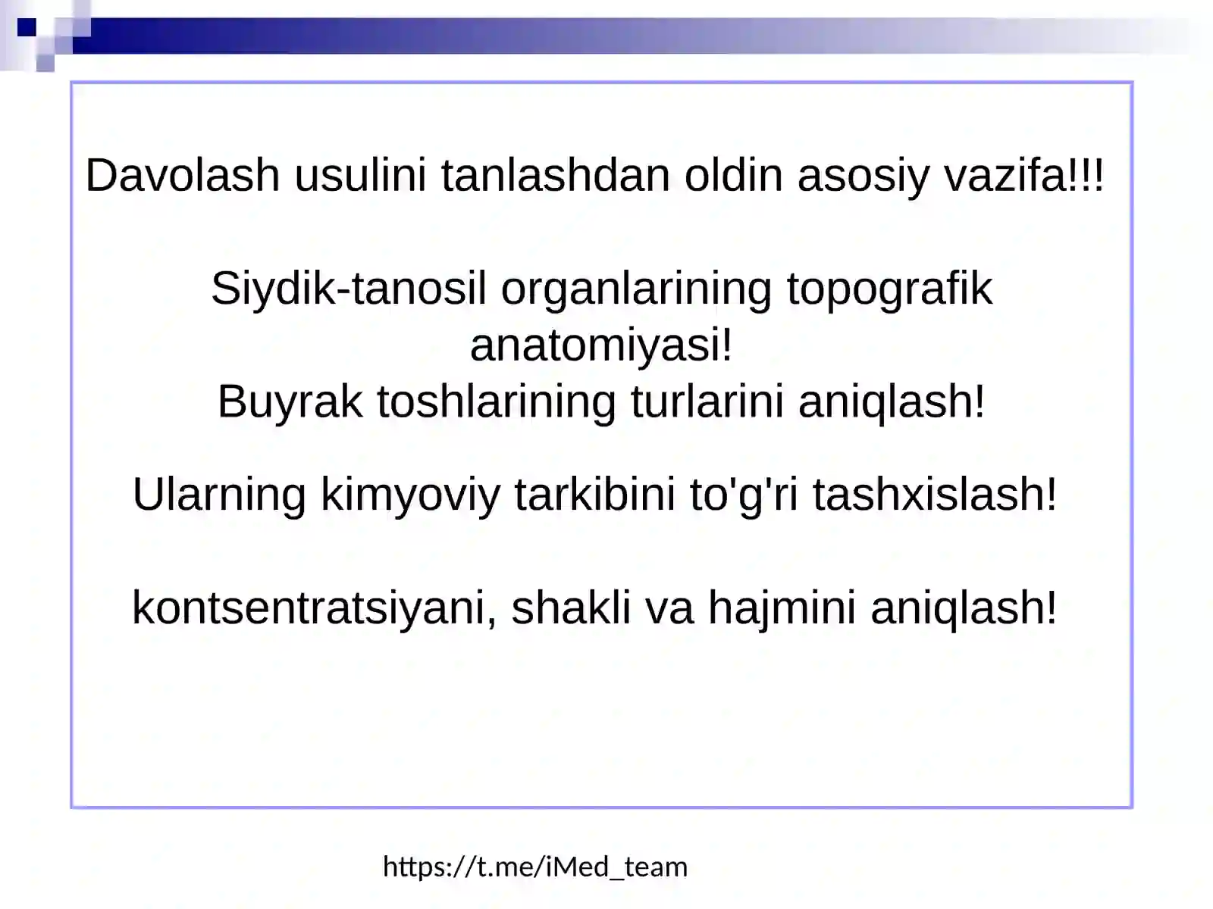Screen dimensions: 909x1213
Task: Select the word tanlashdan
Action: click(556, 176)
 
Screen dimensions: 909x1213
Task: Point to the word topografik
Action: click(889, 289)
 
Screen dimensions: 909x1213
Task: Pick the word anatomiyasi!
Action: click(601, 345)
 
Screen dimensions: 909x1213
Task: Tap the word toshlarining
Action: click(497, 401)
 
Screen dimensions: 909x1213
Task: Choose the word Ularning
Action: click(219, 495)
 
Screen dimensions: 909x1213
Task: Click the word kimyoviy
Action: click(410, 495)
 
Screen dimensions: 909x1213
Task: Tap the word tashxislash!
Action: click(935, 495)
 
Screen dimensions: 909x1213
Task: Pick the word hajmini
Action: click(782, 608)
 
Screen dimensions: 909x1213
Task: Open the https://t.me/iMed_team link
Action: click(534, 867)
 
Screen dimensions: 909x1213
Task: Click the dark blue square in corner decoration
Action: click(27, 28)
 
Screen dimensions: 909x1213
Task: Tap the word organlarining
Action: click(636, 289)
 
